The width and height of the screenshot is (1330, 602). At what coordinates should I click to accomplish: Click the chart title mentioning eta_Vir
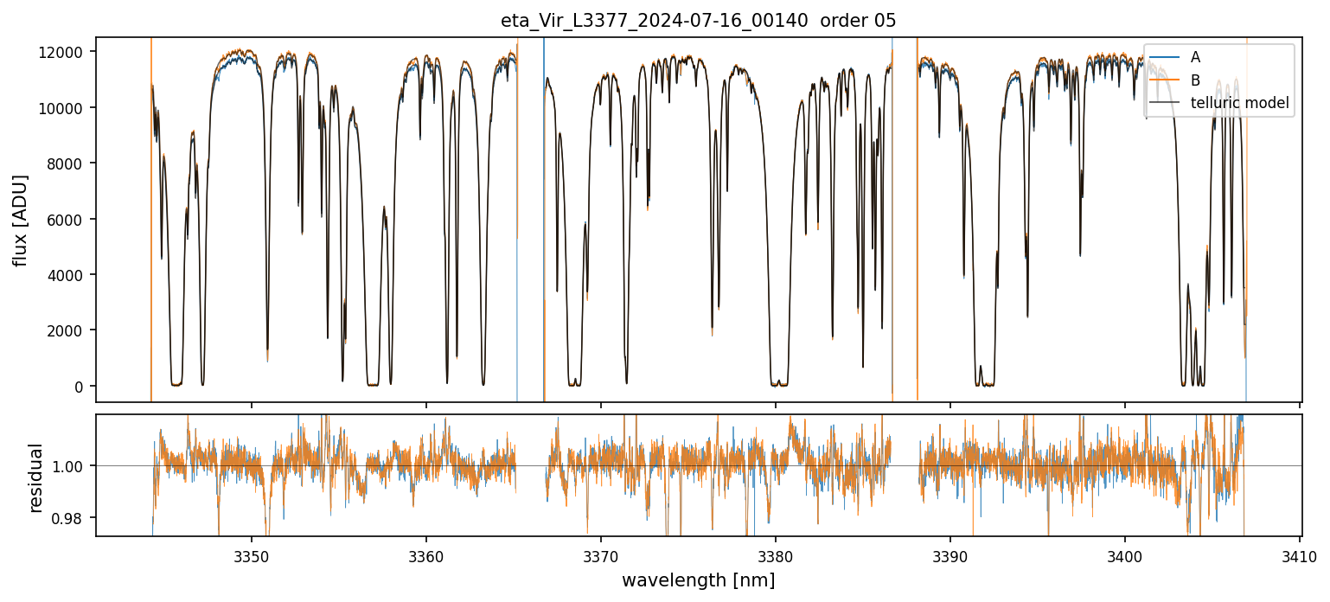(x=698, y=21)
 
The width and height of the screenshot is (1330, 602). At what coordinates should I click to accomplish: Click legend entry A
(x=1195, y=57)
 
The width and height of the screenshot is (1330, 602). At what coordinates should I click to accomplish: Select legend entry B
(x=1195, y=80)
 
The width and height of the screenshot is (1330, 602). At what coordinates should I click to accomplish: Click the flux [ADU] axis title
(x=20, y=220)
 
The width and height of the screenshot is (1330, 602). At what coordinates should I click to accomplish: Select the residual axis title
(x=36, y=477)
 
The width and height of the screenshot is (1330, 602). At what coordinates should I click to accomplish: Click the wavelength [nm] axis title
(x=698, y=580)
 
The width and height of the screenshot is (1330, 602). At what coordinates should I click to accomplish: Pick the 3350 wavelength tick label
(x=252, y=555)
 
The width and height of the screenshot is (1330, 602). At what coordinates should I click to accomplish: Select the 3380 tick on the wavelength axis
(x=776, y=555)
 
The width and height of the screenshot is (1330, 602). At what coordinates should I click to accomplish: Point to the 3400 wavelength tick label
(x=1125, y=555)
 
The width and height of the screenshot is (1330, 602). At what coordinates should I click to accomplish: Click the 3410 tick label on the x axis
(x=1300, y=555)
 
